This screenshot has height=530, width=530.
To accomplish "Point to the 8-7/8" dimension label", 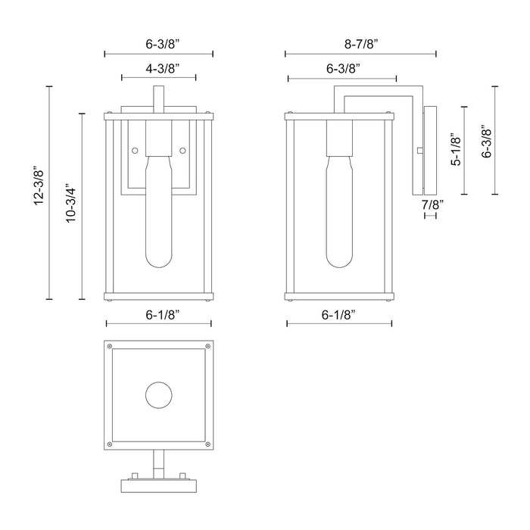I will (x=360, y=43).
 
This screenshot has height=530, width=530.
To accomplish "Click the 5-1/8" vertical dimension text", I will (x=455, y=150).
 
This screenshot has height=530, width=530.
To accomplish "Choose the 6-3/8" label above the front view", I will (x=159, y=43).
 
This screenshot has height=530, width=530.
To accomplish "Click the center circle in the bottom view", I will (x=158, y=394).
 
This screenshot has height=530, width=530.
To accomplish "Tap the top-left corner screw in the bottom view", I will (x=112, y=348).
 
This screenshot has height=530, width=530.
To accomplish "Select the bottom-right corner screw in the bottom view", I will (x=204, y=441).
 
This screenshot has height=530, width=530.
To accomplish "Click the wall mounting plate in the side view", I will (x=432, y=150).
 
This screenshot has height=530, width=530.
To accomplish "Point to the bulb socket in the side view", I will (x=338, y=137).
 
